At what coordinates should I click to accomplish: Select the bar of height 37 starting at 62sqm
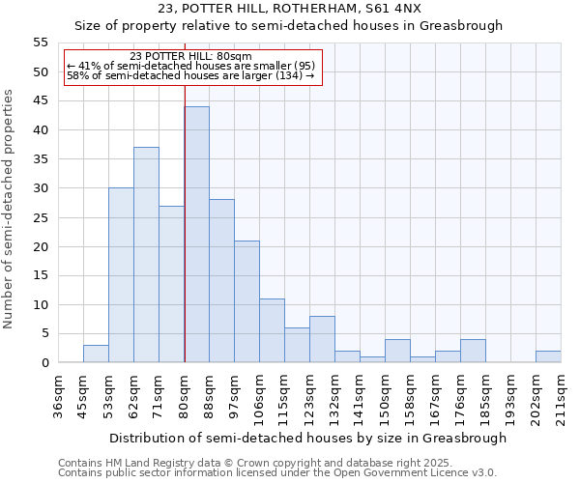(x=146, y=255)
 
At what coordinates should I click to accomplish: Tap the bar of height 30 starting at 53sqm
(x=121, y=275)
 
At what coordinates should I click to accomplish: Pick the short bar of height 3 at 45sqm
(x=96, y=354)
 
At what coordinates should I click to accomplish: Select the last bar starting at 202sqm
(x=548, y=356)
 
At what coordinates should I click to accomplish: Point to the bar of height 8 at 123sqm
(x=322, y=339)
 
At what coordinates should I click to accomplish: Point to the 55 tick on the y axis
(x=40, y=43)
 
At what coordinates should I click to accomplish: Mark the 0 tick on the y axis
(x=43, y=363)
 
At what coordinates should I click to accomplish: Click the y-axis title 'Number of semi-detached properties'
(x=10, y=209)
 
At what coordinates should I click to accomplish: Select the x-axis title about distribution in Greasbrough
(x=307, y=438)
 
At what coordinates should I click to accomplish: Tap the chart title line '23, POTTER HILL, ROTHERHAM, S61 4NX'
(x=289, y=9)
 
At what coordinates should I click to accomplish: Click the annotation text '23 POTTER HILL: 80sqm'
(x=190, y=56)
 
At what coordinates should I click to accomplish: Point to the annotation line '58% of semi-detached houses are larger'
(x=190, y=75)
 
